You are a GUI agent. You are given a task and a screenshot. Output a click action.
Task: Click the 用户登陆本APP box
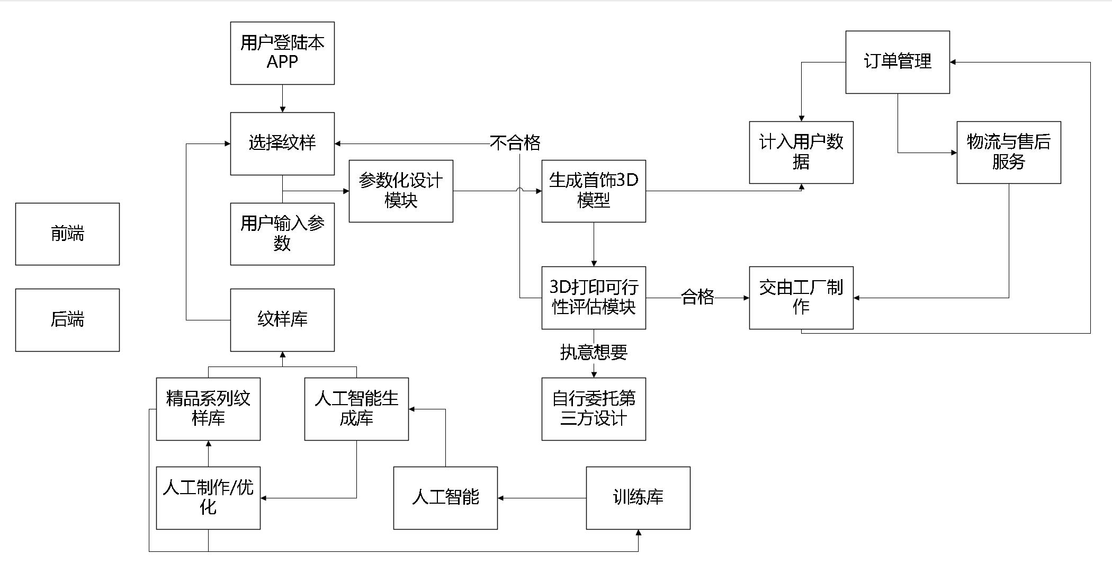pyautogui.click(x=282, y=53)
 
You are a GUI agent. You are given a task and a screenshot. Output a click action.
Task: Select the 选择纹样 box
pyautogui.click(x=282, y=143)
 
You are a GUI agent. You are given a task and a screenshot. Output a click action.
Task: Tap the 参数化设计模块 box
pyautogui.click(x=401, y=191)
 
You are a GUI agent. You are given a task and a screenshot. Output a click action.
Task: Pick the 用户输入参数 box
pyautogui.click(x=282, y=234)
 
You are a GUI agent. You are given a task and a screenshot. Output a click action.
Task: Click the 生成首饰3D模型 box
pyautogui.click(x=594, y=191)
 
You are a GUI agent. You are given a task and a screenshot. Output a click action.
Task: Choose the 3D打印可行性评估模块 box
pyautogui.click(x=594, y=298)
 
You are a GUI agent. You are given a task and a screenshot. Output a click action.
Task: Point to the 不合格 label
pyautogui.click(x=515, y=143)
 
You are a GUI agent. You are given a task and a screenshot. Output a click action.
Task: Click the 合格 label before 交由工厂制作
pyautogui.click(x=697, y=297)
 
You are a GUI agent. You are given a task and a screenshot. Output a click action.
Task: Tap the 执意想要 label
pyautogui.click(x=594, y=353)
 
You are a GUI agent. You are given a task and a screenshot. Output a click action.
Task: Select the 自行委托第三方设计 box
pyautogui.click(x=594, y=409)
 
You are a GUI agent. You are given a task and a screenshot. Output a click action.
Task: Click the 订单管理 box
pyautogui.click(x=898, y=62)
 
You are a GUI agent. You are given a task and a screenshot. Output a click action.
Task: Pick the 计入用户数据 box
pyautogui.click(x=801, y=153)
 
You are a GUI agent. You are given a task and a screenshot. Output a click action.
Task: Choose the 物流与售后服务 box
pyautogui.click(x=1009, y=153)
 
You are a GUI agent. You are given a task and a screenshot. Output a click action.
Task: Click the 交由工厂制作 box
pyautogui.click(x=801, y=298)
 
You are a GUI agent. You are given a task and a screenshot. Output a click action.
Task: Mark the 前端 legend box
pyautogui.click(x=67, y=234)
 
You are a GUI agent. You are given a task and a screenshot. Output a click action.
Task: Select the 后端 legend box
pyautogui.click(x=67, y=320)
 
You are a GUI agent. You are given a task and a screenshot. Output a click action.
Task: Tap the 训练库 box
pyautogui.click(x=638, y=498)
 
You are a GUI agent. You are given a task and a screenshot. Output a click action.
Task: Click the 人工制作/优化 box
pyautogui.click(x=208, y=498)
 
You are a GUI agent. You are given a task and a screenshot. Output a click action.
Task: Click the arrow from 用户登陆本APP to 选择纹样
pyautogui.click(x=282, y=99)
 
